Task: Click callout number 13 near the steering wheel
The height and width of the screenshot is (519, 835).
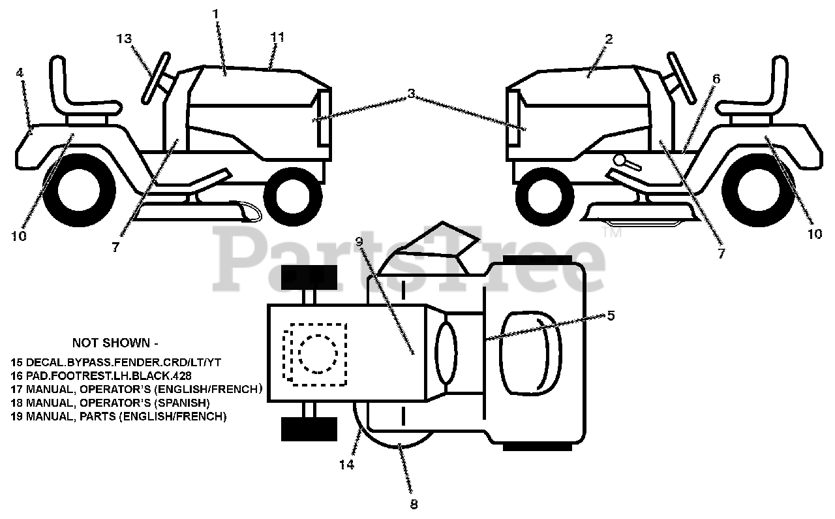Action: click(x=125, y=39)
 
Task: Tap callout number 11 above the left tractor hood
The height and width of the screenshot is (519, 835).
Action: click(x=277, y=37)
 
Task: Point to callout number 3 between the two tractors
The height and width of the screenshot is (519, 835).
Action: click(x=411, y=93)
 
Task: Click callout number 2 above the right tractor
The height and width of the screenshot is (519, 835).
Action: click(x=608, y=39)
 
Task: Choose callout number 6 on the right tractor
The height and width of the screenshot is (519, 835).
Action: click(x=716, y=79)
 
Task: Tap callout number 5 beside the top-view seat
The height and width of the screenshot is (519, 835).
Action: click(x=610, y=315)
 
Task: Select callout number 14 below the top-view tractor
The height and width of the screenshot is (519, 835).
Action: click(x=346, y=465)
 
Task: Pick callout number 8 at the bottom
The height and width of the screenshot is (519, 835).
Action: click(x=414, y=504)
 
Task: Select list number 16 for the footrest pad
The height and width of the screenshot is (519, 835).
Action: click(x=16, y=376)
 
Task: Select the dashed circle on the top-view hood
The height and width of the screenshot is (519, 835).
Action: click(x=318, y=354)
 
